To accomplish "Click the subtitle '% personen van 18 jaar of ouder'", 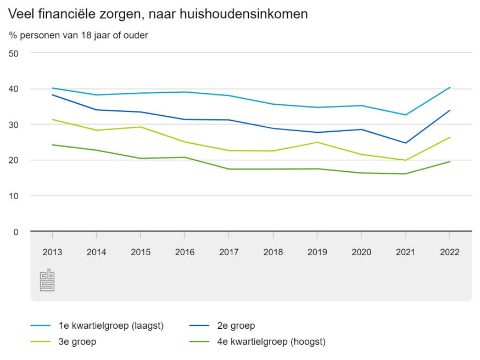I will coord(79,35).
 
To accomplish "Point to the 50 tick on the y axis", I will coord(14,53).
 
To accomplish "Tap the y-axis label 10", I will coord(14,196).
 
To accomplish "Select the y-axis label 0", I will coord(16,232).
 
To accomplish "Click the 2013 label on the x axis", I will coord(52,252).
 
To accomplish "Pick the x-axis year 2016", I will coord(185,252).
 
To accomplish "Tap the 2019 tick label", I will coord(317,252).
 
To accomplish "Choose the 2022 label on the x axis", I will coord(449,252).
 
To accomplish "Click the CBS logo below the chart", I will coord(47,280).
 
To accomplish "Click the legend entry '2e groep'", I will coord(236,326).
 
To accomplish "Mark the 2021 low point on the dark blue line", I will coord(405,143).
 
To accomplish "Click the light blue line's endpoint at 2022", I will coord(450,87).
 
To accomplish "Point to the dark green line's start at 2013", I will coord(52,145).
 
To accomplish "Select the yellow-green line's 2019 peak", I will coord(317,142).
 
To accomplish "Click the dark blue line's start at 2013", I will coord(52,95).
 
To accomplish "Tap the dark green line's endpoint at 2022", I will coord(450,161).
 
